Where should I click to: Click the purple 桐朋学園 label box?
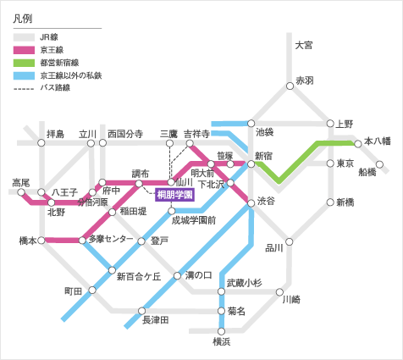click(175, 195)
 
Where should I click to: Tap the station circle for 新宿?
click(251, 164)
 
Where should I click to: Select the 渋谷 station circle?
click(251, 202)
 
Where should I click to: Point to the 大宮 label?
click(304, 45)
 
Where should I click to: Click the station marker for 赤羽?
click(290, 86)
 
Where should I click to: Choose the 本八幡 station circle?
click(358, 144)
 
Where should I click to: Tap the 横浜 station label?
click(222, 341)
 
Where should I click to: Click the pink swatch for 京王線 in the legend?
click(24, 50)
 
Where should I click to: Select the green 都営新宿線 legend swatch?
click(24, 63)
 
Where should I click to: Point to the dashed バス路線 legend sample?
click(24, 89)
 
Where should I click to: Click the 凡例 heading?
click(23, 19)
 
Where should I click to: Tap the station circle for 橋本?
click(41, 241)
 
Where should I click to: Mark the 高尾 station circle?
click(21, 192)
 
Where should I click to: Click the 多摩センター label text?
click(111, 239)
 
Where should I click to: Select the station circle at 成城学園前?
click(172, 211)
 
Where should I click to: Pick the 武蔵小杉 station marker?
click(222, 291)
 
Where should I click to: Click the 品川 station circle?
click(290, 241)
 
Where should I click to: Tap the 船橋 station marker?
click(380, 164)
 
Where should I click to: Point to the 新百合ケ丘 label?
click(139, 276)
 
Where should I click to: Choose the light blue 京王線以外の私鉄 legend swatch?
click(24, 75)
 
